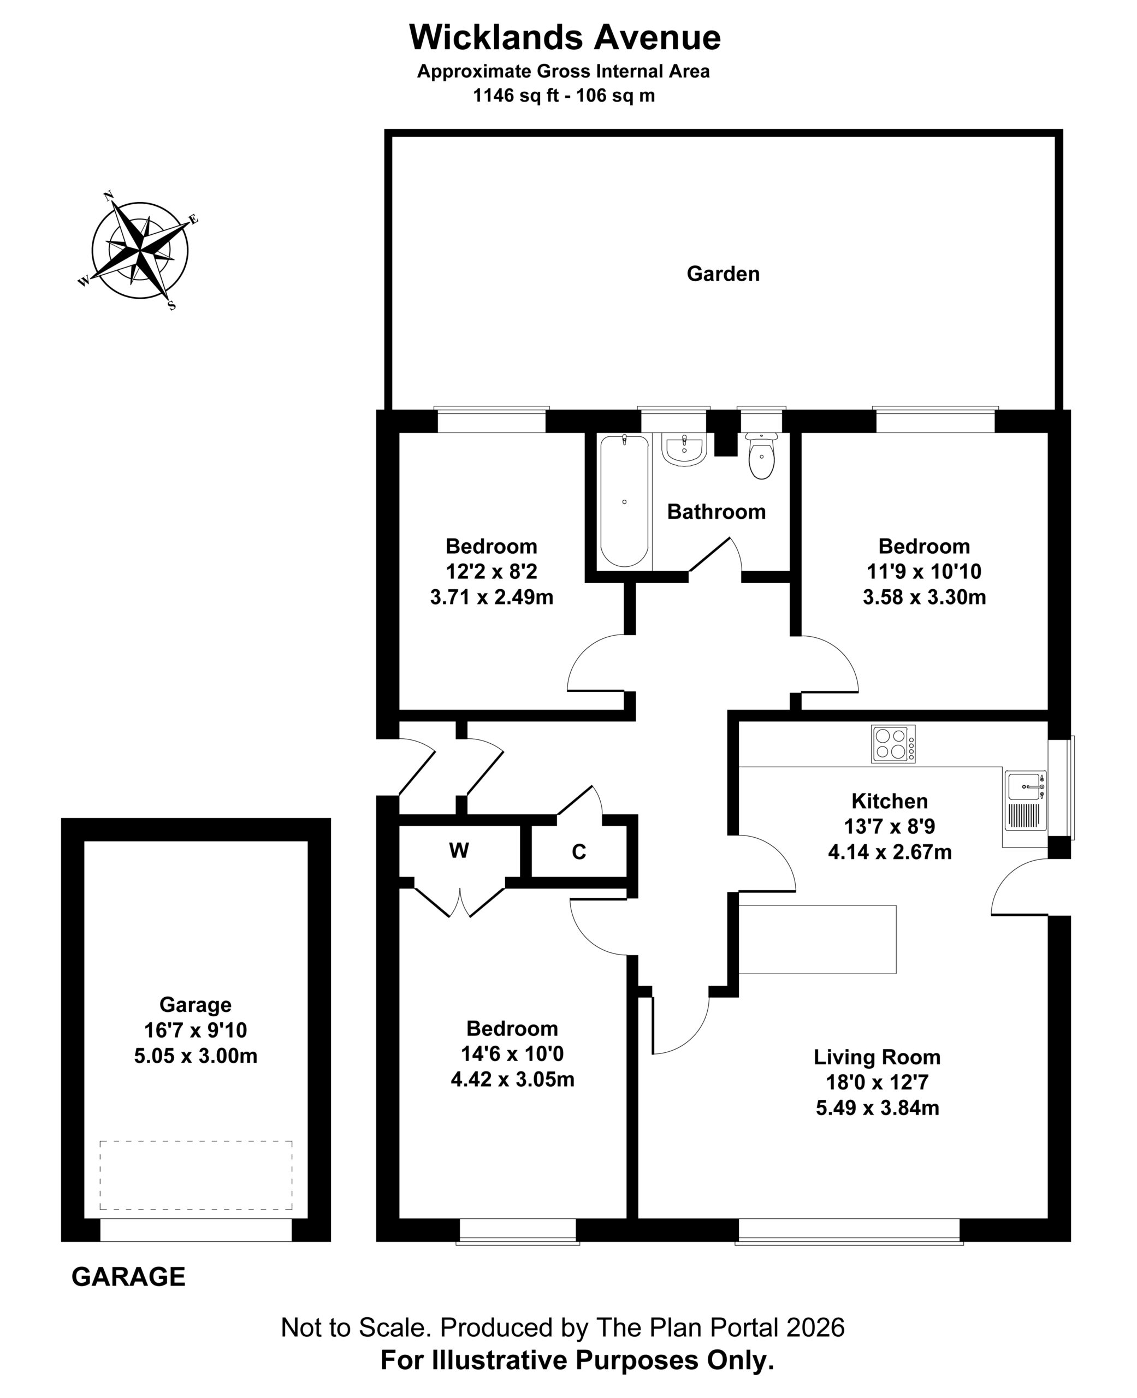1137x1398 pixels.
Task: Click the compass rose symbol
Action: pyautogui.click(x=139, y=250)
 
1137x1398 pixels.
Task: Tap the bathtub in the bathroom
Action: pyautogui.click(x=624, y=501)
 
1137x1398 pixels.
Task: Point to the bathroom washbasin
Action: pyautogui.click(x=684, y=450)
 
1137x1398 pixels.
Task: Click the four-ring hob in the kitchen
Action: pyautogui.click(x=893, y=743)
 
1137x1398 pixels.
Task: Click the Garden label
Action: pyautogui.click(x=723, y=274)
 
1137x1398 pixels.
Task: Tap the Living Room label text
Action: pyautogui.click(x=877, y=1057)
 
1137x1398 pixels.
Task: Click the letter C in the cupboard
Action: pyautogui.click(x=578, y=852)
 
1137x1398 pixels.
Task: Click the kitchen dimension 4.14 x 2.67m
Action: pyautogui.click(x=890, y=852)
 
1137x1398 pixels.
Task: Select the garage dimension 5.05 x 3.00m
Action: pyautogui.click(x=196, y=1056)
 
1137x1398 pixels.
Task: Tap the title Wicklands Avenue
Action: pyautogui.click(x=565, y=37)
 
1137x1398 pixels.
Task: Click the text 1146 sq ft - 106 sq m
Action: pyautogui.click(x=564, y=96)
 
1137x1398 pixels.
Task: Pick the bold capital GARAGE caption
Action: pyautogui.click(x=128, y=1276)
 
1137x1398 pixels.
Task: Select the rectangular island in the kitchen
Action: pyautogui.click(x=818, y=939)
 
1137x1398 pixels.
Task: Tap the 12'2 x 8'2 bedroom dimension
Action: pyautogui.click(x=491, y=572)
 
